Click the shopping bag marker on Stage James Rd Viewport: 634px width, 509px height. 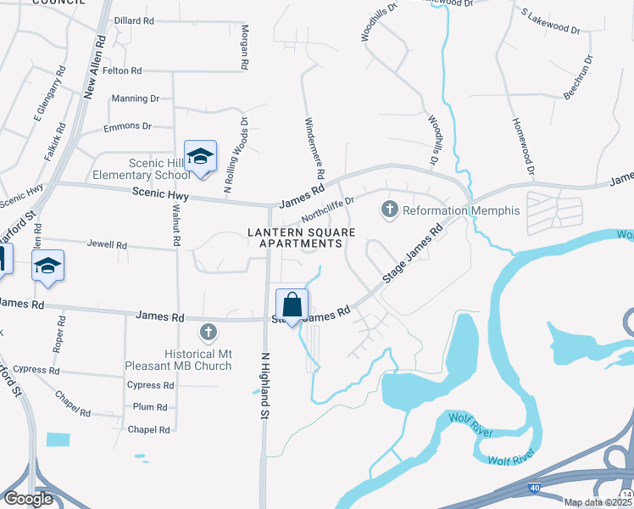coord(292,305)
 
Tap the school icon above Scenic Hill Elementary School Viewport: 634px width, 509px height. coord(200,157)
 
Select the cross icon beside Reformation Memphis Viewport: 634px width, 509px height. coord(390,209)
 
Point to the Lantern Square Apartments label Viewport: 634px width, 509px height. coord(294,238)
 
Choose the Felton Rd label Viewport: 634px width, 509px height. coord(122,71)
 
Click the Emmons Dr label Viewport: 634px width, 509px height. coord(127,126)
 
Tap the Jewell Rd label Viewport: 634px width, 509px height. coord(107,244)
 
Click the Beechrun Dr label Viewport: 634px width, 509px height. coord(576,85)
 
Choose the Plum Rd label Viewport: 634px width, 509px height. coord(144,407)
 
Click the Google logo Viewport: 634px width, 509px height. coord(28,499)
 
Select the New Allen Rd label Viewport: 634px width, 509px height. coord(93,68)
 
